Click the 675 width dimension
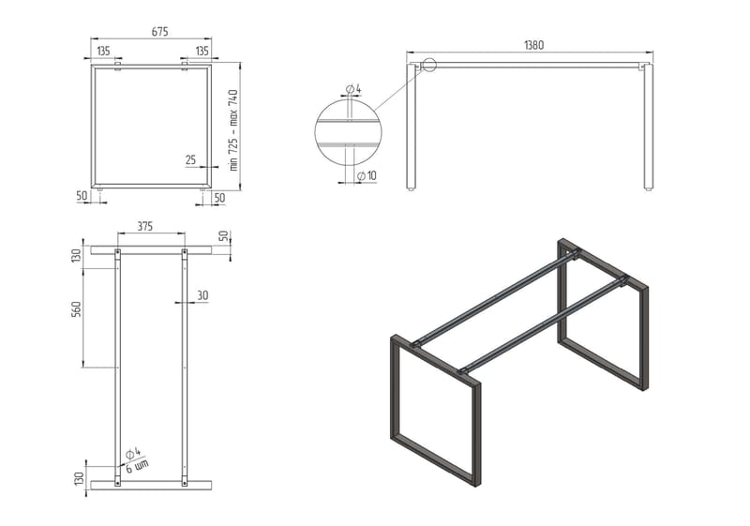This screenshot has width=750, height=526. (159, 32)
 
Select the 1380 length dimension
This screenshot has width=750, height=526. (533, 45)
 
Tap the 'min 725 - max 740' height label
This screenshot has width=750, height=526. (233, 130)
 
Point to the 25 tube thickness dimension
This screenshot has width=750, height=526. (190, 159)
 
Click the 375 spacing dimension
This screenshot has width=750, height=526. (145, 226)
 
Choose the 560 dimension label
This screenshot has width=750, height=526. (78, 308)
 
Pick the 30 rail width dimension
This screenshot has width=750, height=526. (202, 295)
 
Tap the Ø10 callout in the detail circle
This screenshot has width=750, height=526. (367, 176)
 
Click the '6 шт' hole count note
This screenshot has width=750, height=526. (137, 466)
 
